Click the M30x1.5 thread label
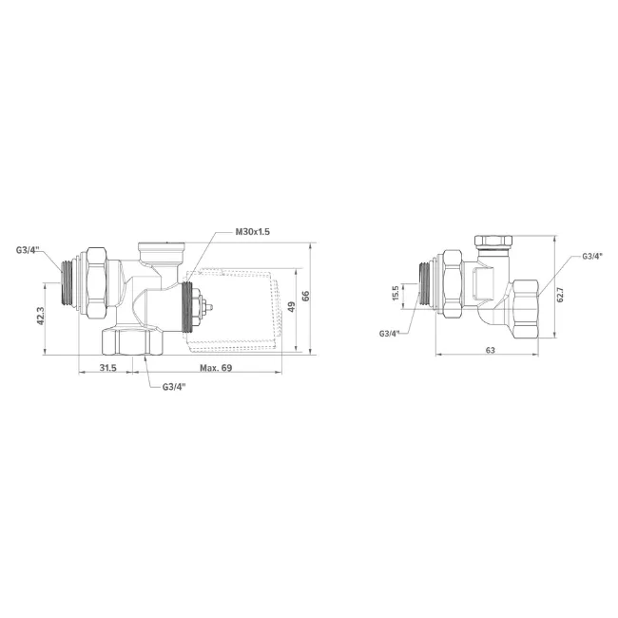click(252, 232)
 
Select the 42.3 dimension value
click(41, 316)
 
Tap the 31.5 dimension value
click(108, 368)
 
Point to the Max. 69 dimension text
click(216, 368)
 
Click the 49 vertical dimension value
click(291, 307)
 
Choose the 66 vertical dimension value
click(306, 296)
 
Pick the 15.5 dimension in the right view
click(396, 293)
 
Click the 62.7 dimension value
click(560, 295)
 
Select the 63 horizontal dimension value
click(491, 350)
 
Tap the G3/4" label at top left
click(28, 250)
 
